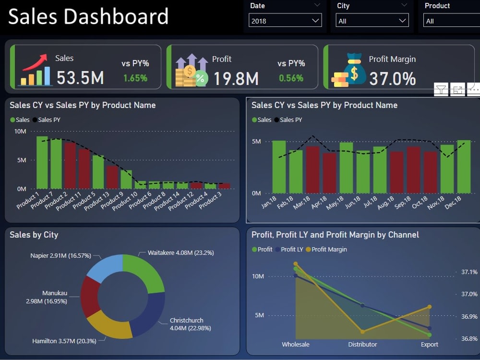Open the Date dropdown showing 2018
click(285, 21)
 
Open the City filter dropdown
click(372, 21)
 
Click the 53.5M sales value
click(80, 77)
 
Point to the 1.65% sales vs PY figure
click(135, 78)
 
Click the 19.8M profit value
click(236, 78)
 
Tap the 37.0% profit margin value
click(392, 78)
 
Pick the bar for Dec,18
click(464, 167)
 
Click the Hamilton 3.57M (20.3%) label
click(64, 341)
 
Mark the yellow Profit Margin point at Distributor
click(362, 332)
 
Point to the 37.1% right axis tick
click(469, 272)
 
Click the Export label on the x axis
click(429, 344)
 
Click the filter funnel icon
click(441, 89)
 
